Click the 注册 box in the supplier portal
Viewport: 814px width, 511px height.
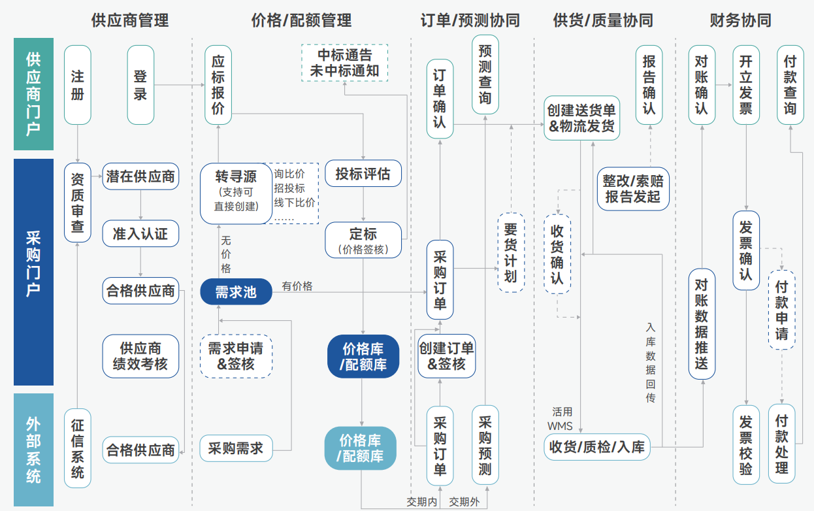coord(77,84)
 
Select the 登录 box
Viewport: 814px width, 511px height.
coord(140,84)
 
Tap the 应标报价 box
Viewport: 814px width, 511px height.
coord(218,84)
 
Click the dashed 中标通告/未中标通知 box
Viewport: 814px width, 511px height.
coord(344,63)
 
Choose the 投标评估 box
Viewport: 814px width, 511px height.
coord(363,174)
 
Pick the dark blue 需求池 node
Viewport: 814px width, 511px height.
coord(236,291)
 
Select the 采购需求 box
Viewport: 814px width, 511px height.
coord(235,448)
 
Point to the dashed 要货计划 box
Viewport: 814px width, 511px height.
coord(511,252)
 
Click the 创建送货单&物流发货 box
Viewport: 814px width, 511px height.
coord(581,118)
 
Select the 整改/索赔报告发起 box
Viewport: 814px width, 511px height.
coord(633,189)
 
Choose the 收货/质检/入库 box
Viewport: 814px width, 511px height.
coord(597,447)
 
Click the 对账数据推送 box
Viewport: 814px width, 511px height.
coord(702,324)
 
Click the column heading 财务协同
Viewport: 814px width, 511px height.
coord(740,20)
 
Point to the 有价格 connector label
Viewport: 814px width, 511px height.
coord(297,286)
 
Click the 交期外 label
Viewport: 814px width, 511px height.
coord(464,502)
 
